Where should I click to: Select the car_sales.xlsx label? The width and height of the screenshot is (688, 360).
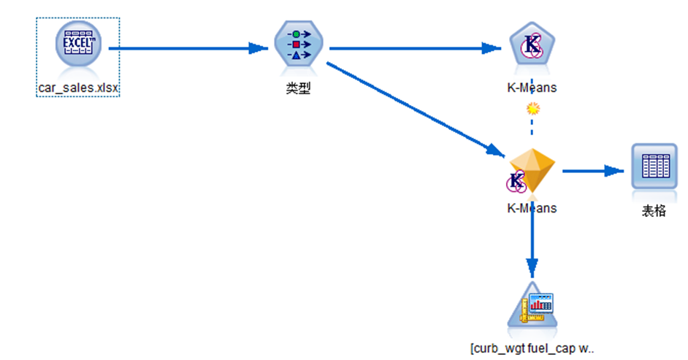(x=78, y=88)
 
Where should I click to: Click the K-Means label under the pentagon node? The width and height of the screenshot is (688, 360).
(x=532, y=88)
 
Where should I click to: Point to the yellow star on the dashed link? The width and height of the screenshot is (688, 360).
(x=533, y=109)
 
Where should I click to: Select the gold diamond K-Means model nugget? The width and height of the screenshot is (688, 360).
(x=532, y=172)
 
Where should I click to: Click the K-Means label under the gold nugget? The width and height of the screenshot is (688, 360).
(x=532, y=208)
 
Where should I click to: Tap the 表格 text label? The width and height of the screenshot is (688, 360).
(x=654, y=212)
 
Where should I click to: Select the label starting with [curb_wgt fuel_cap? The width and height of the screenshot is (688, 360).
(x=532, y=349)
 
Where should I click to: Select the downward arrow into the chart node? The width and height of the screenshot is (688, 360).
(x=532, y=241)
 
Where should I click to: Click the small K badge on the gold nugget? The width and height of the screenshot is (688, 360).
(x=517, y=180)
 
